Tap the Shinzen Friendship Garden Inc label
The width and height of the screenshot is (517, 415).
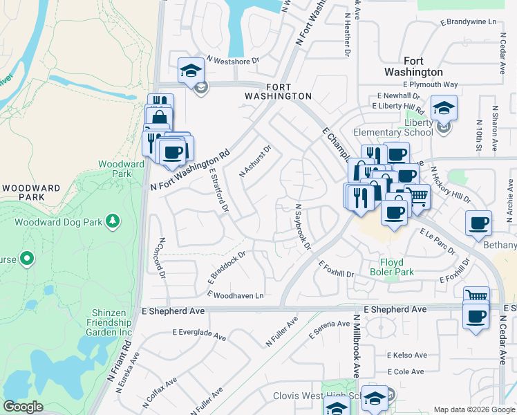pos(110,322)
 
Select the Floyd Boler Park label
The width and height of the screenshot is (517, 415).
pos(397,267)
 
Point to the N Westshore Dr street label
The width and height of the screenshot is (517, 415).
pos(231,60)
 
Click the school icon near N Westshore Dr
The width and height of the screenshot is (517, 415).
pos(191,70)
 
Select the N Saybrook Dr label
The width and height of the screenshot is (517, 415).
pos(303,226)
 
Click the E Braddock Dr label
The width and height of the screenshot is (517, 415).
pos(227,268)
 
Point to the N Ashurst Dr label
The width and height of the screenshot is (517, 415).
pos(256,160)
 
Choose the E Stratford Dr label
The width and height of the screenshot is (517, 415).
pos(218,190)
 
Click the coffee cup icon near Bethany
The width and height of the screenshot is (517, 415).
pos(478,223)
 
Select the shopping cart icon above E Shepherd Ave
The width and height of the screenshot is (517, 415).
pos(476,297)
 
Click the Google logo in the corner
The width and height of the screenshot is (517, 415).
pos(23,407)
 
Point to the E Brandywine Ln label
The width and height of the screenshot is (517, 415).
pos(469,22)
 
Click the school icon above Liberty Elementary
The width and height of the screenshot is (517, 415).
pos(444,107)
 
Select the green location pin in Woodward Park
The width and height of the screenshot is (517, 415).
pos(27,259)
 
